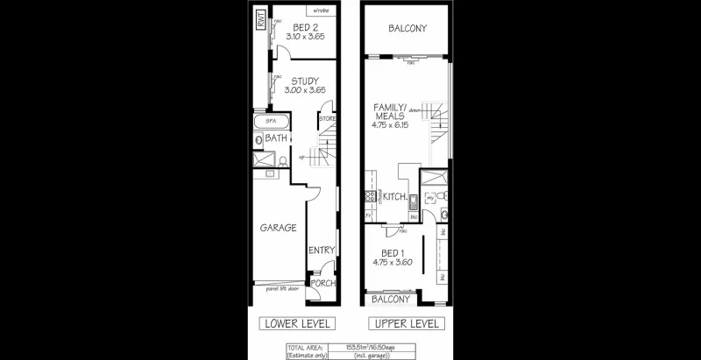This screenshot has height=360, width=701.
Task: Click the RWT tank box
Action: tap(260, 21)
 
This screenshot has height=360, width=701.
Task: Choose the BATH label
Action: tap(277, 138)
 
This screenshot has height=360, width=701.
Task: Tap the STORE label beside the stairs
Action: tap(327, 117)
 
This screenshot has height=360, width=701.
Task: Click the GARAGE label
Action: tap(278, 228)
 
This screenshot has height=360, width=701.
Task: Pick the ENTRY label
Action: tap(322, 251)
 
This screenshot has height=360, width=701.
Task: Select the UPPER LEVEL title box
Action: tap(407, 324)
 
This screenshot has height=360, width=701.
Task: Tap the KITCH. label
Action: tap(394, 197)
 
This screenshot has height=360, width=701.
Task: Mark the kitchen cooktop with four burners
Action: tap(371, 196)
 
